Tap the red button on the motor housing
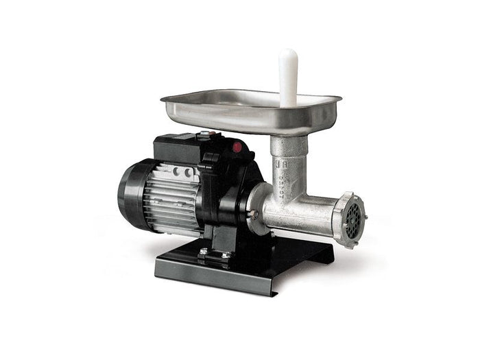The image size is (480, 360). click(237, 146)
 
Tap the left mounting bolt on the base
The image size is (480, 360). click(203, 252)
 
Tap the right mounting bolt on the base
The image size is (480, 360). click(224, 255)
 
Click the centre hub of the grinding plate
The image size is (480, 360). click(354, 221)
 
